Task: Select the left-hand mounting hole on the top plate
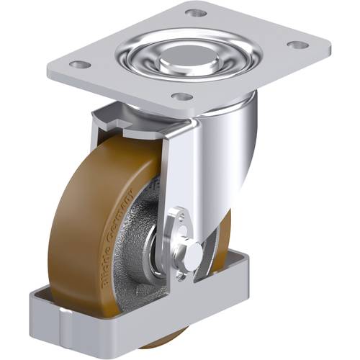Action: (80, 65)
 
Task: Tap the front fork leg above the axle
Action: (180, 173)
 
